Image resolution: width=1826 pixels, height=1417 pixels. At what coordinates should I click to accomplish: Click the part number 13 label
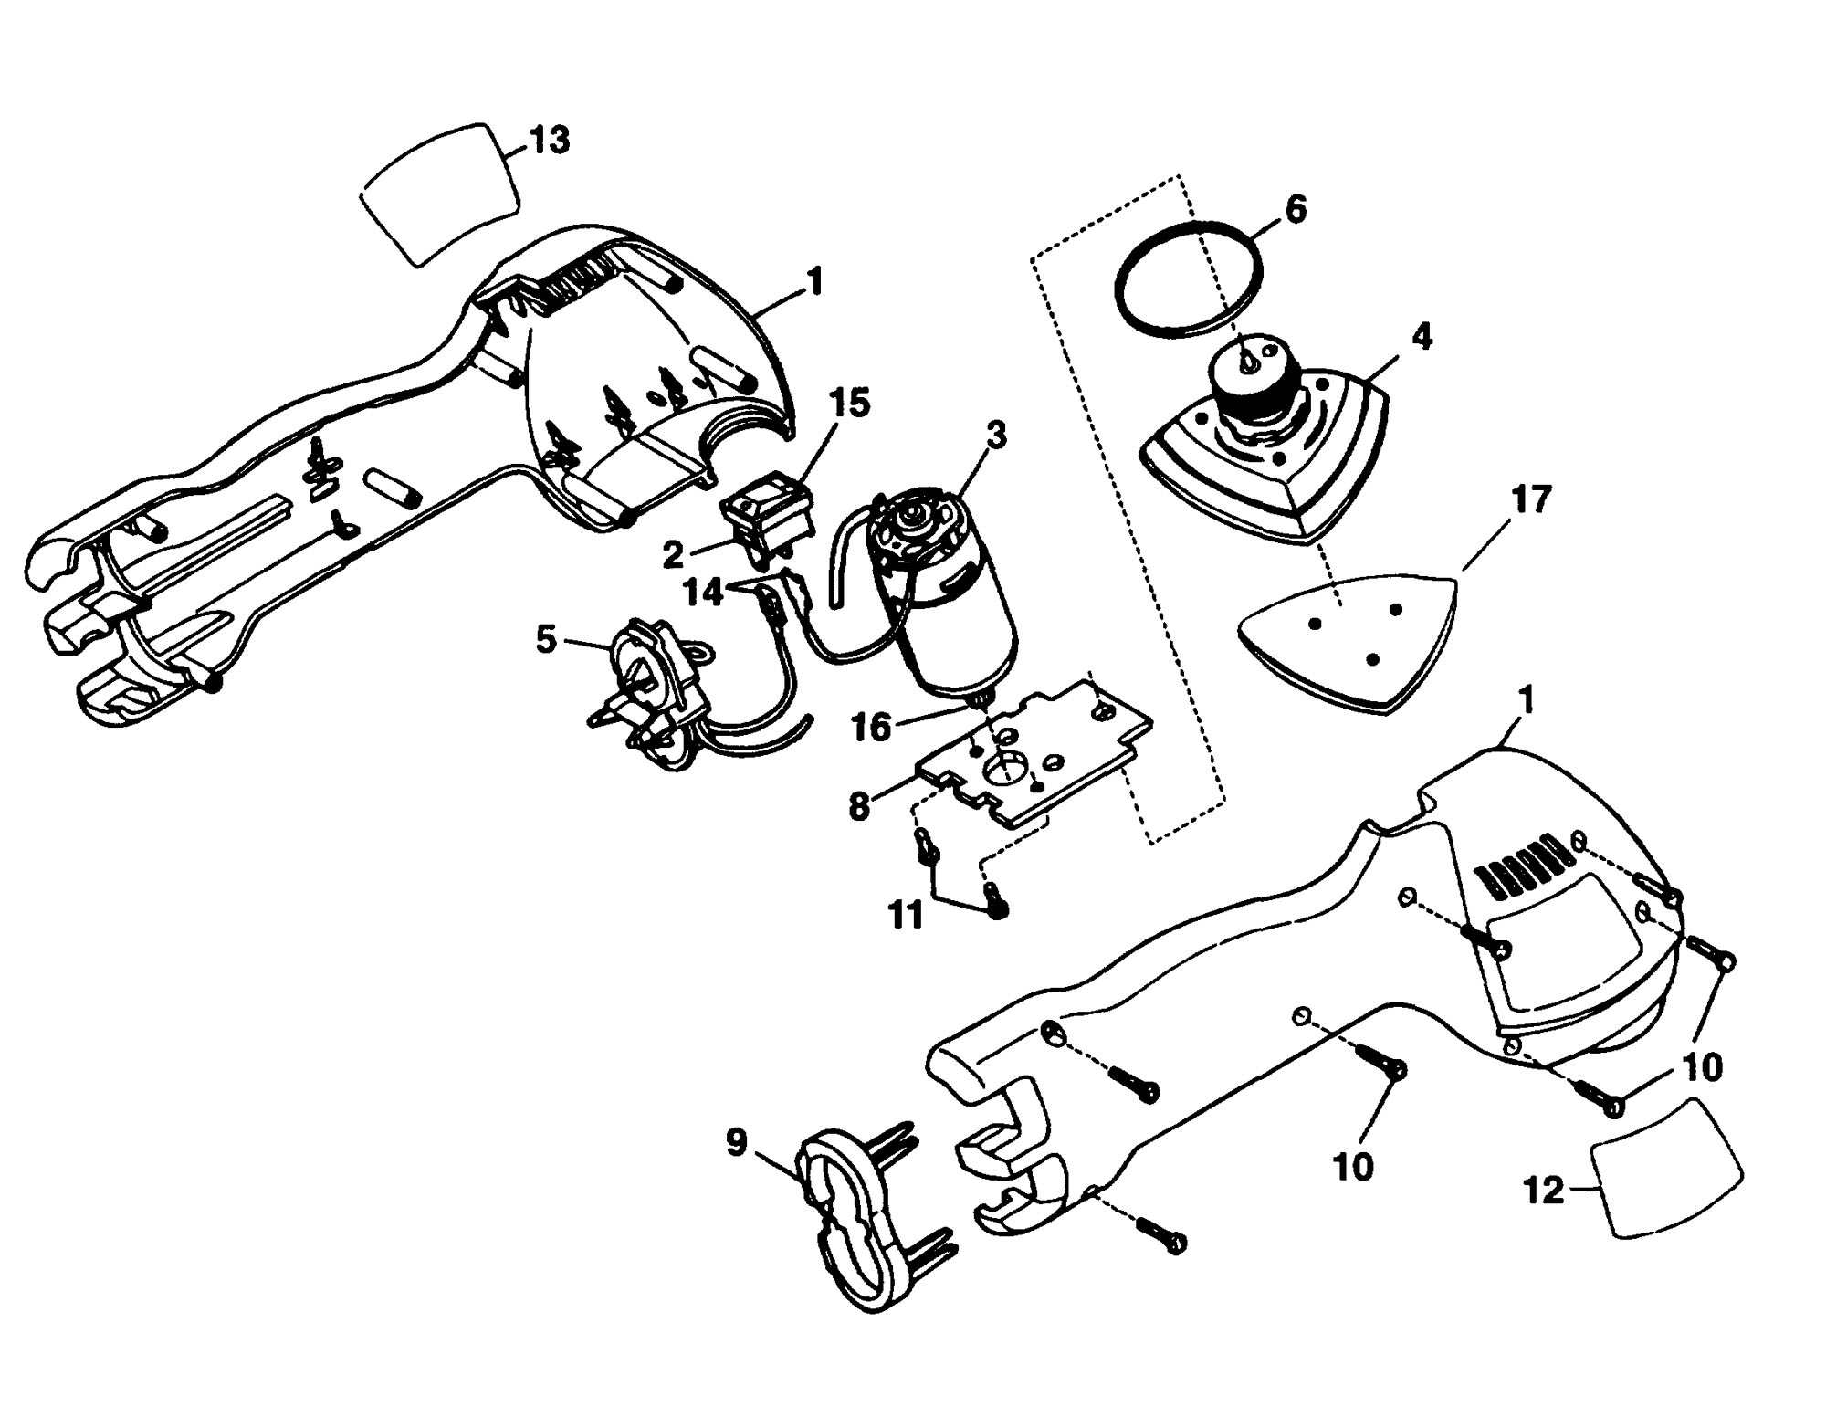(x=550, y=141)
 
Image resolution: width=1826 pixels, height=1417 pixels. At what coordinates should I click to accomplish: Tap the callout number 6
(x=1296, y=210)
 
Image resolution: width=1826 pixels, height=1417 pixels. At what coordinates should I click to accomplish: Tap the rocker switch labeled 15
(x=768, y=514)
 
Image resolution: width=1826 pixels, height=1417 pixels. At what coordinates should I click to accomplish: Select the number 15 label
(x=848, y=403)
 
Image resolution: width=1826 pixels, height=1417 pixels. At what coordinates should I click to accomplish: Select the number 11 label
(x=906, y=915)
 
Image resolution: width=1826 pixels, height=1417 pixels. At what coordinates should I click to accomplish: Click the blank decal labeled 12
(x=1666, y=1168)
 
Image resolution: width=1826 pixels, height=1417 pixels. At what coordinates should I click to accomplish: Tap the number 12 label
(x=1545, y=1191)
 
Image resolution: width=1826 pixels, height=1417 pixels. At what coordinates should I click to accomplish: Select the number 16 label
(x=871, y=728)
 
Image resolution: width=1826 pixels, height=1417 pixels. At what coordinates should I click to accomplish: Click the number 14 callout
(x=704, y=592)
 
